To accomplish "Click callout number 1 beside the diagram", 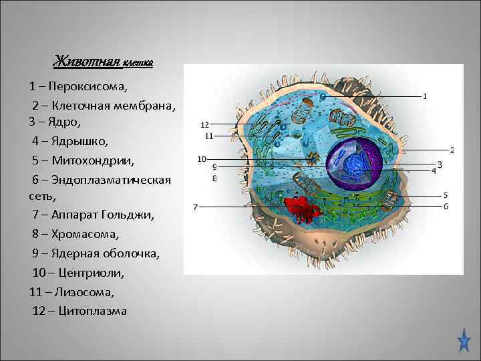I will [x=426, y=96].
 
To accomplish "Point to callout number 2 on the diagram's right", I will [x=452, y=150].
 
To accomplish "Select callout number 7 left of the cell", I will [x=195, y=207].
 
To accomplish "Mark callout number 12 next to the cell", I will [x=205, y=124].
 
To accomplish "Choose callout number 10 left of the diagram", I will [x=202, y=159].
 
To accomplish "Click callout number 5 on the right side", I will [x=445, y=195].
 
